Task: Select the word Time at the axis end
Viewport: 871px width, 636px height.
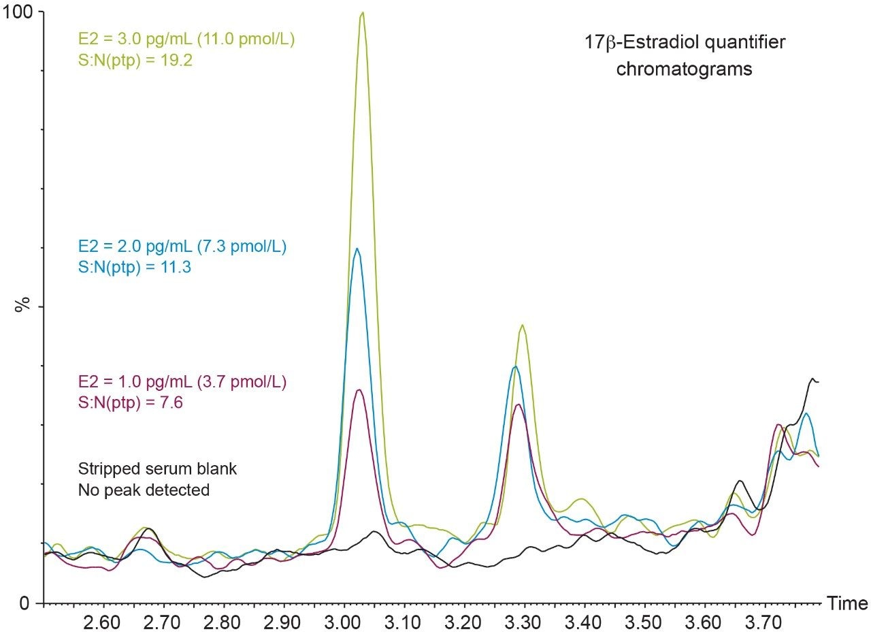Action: tap(847, 603)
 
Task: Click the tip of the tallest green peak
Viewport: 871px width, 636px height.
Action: tap(363, 12)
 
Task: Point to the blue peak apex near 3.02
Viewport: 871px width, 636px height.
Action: tap(357, 249)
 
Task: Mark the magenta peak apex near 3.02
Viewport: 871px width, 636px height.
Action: tap(359, 389)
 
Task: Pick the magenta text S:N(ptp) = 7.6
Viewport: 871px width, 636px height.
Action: tap(123, 402)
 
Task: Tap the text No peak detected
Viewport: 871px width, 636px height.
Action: tap(144, 489)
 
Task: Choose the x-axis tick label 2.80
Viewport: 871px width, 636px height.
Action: tap(224, 622)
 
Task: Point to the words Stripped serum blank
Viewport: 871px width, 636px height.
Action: tap(157, 468)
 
